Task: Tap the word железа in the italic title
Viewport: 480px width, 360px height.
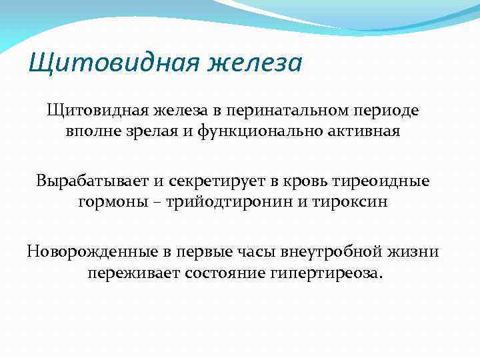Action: point(255,65)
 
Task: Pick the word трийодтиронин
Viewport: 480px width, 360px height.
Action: point(217,202)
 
